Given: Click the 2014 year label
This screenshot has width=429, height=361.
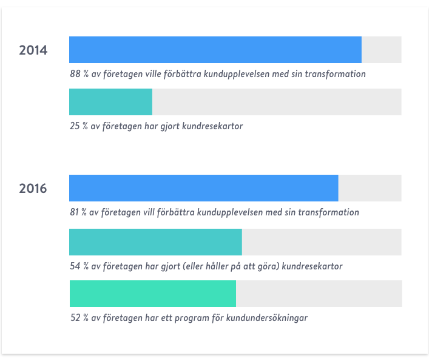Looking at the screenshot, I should click(33, 50).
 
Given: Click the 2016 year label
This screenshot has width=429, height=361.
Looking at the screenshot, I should click(33, 189).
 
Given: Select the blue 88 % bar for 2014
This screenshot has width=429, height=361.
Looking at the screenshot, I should click(215, 50).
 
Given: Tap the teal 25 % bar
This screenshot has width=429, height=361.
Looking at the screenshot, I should click(110, 102).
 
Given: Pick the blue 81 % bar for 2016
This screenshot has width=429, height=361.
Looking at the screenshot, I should click(203, 188).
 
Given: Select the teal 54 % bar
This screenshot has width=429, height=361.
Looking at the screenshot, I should click(155, 242).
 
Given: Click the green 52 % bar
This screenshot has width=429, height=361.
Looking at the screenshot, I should click(153, 294).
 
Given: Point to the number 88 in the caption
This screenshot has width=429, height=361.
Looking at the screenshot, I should click(75, 75).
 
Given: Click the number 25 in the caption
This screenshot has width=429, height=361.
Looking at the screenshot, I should click(75, 127).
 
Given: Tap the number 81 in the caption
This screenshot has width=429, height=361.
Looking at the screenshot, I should click(75, 213).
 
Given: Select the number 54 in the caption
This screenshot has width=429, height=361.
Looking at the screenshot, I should click(76, 266).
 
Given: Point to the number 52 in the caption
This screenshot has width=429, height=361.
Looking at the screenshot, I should click(76, 318).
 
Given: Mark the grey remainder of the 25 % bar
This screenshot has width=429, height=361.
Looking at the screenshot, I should click(277, 102).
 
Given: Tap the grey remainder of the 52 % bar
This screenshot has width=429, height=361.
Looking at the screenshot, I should click(319, 294).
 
